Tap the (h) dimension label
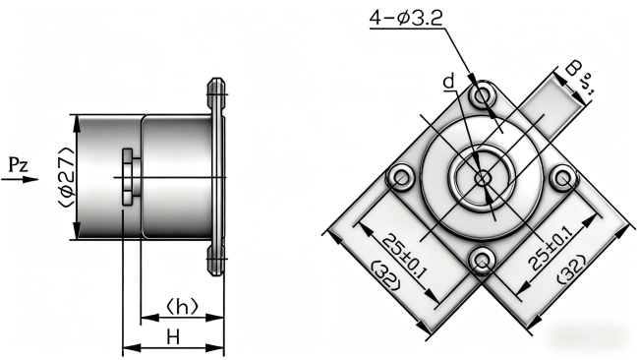point(180,306)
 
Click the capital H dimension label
point(172,336)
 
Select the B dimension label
point(573,71)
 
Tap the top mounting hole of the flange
point(482,95)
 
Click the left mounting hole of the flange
point(400,178)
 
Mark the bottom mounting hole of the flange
point(482,260)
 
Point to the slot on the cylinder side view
point(128,178)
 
